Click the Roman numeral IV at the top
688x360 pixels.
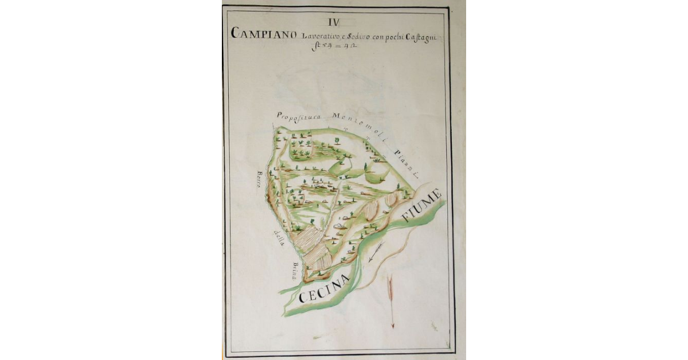click(333, 22)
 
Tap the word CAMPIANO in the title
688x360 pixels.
click(264, 33)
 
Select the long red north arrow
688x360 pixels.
click(392, 301)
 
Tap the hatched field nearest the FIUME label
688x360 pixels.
click(391, 199)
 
